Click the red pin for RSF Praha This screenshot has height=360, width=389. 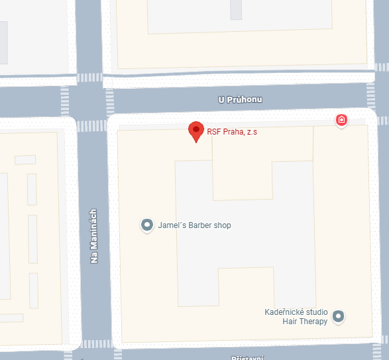click(x=195, y=131)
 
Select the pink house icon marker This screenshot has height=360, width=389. click(x=341, y=120)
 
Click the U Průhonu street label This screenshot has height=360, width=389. click(x=241, y=99)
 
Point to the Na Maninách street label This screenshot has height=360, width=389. click(x=94, y=237)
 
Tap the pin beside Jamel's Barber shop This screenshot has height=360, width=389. click(x=147, y=225)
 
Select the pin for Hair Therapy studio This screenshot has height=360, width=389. click(x=339, y=316)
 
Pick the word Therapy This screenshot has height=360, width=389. click(x=313, y=322)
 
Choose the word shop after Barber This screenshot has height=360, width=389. click(x=223, y=225)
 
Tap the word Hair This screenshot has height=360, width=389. click(x=290, y=322)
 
